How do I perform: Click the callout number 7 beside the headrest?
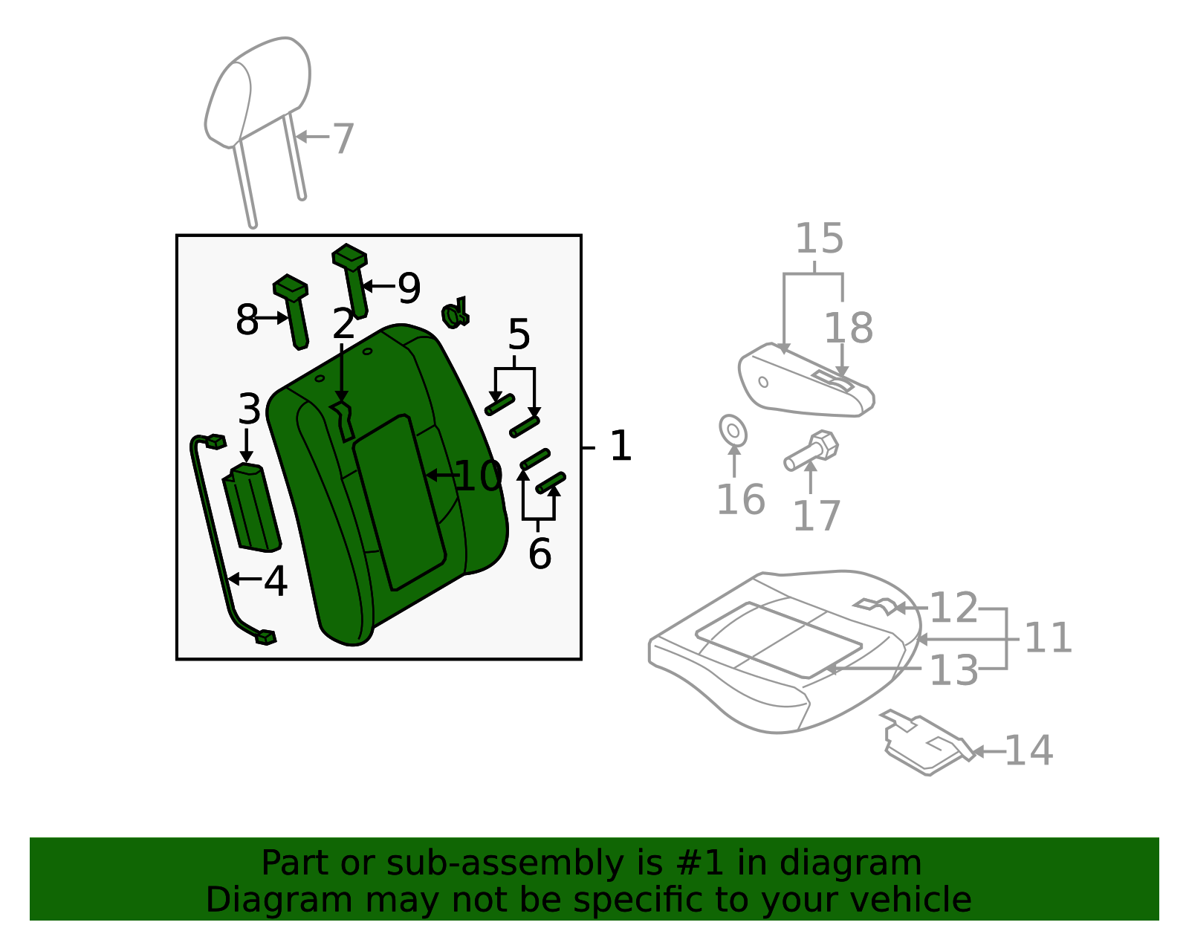[x=343, y=139]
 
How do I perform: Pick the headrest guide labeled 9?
[x=354, y=279]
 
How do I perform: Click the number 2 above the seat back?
[x=343, y=324]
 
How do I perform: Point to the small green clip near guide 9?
[x=455, y=314]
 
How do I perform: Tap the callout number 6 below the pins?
[x=540, y=554]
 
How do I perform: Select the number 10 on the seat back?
[x=479, y=476]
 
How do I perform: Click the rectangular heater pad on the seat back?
[x=398, y=502]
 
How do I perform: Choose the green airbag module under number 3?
[x=252, y=507]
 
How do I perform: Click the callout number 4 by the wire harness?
[x=276, y=581]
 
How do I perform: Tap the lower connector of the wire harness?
[x=265, y=637]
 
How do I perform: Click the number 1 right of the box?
[x=620, y=447]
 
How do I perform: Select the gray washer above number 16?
[x=733, y=431]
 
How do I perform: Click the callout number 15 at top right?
[x=819, y=239]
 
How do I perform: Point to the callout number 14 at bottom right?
[x=1028, y=750]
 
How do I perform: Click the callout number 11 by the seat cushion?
[x=1048, y=638]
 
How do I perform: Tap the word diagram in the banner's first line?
[x=866, y=863]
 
